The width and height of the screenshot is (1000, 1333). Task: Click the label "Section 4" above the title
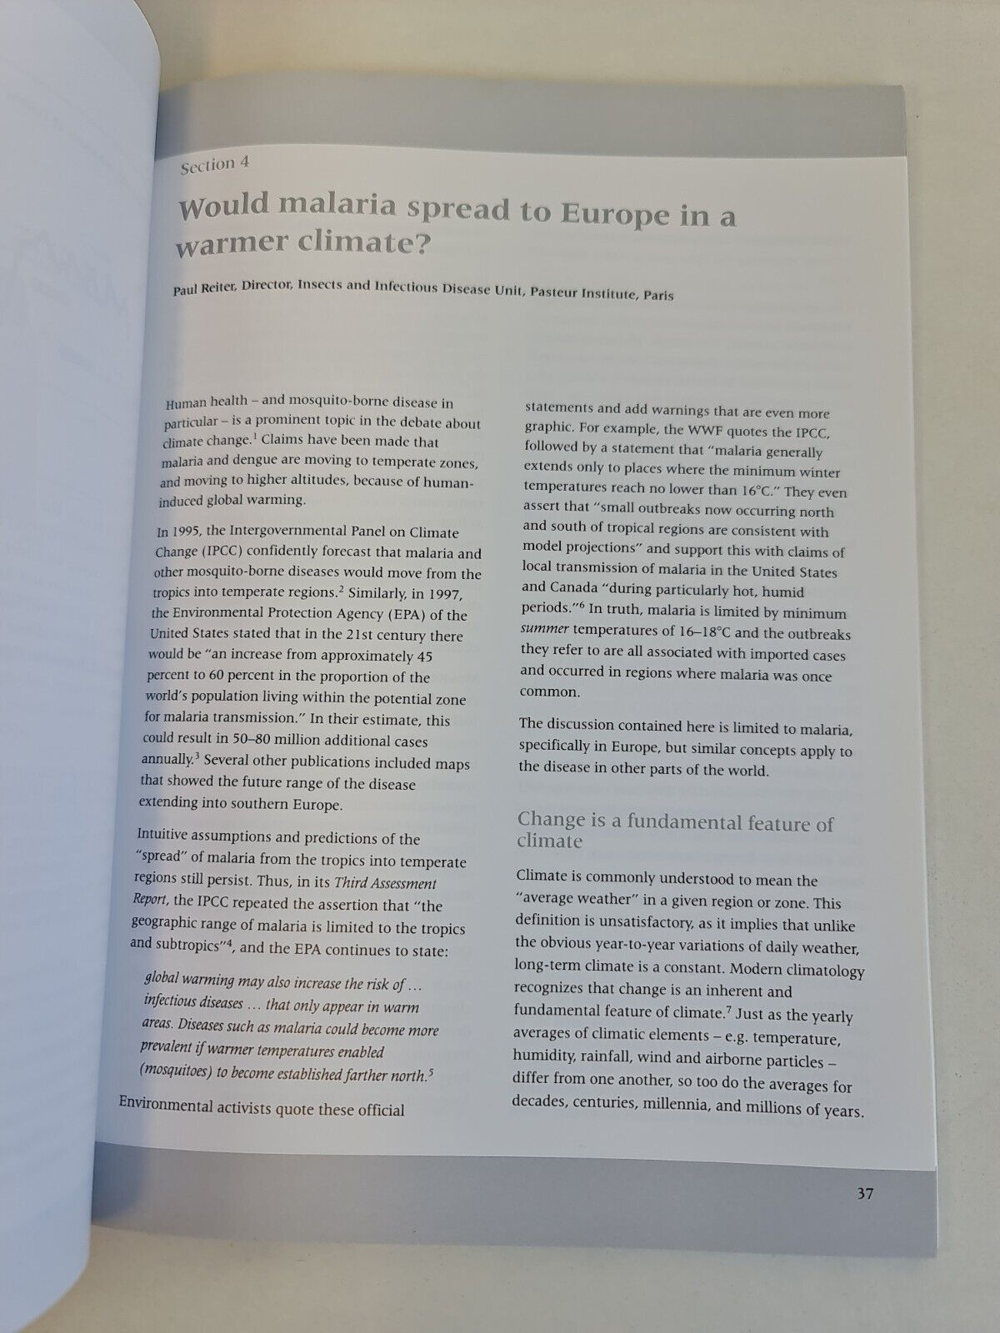tap(215, 164)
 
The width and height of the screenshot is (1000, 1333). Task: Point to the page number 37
tap(864, 1194)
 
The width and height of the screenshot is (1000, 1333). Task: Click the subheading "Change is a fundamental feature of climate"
tap(675, 832)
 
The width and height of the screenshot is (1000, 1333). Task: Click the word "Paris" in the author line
tap(657, 295)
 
